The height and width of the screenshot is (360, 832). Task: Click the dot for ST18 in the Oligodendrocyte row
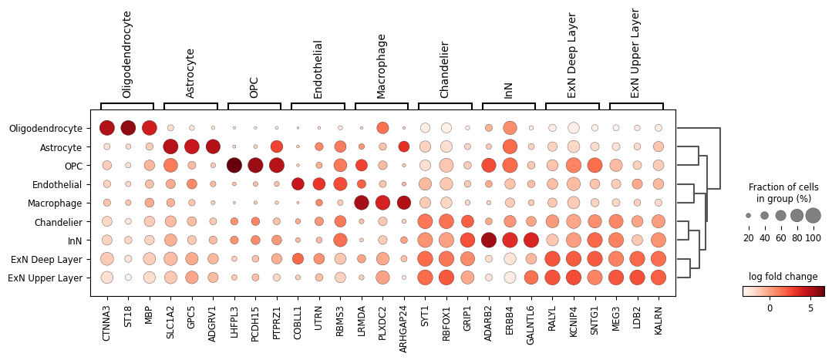tap(128, 128)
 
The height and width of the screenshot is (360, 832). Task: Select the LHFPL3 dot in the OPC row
tap(234, 165)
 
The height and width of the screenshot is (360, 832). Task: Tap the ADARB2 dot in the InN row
tap(489, 240)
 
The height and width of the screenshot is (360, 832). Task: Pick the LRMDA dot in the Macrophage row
tap(361, 203)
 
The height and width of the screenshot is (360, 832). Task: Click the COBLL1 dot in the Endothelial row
tap(298, 184)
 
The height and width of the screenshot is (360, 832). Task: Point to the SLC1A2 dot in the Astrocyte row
tap(170, 146)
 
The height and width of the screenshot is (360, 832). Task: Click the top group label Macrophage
tap(381, 66)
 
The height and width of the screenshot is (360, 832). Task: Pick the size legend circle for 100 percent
tap(813, 216)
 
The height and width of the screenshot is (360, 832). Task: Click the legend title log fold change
tap(783, 277)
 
